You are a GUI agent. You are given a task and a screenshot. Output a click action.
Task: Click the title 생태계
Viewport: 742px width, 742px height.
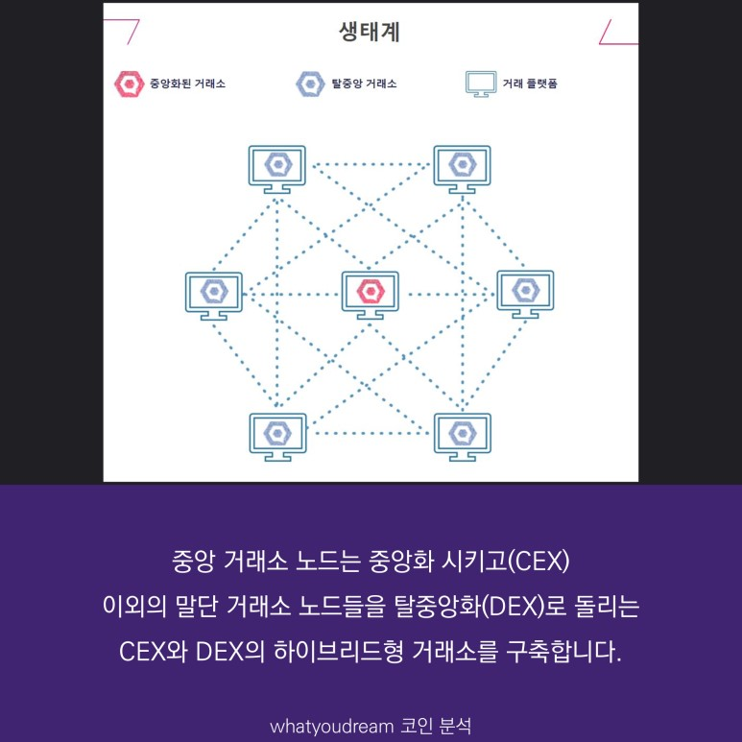tap(370, 32)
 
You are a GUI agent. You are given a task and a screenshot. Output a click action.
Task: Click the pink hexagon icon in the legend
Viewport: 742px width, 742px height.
tap(127, 84)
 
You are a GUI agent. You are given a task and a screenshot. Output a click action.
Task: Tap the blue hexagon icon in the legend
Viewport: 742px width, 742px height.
tap(310, 84)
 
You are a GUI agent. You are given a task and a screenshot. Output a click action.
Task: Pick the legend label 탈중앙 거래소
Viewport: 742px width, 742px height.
tap(364, 84)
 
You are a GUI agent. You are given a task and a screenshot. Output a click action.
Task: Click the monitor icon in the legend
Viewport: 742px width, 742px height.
tap(480, 84)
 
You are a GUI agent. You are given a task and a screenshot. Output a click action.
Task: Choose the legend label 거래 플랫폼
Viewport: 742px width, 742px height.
tap(530, 84)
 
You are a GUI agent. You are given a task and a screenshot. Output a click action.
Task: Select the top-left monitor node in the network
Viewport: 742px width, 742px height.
tap(277, 167)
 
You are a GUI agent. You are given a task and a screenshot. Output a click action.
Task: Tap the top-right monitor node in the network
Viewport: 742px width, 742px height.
tap(462, 167)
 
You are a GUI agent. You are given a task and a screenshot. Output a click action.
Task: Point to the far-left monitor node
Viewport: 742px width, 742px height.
tap(213, 293)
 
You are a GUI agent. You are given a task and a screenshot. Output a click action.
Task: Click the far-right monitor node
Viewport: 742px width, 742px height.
tap(525, 293)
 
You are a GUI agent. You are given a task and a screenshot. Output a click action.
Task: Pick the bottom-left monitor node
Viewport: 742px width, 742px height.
tap(277, 435)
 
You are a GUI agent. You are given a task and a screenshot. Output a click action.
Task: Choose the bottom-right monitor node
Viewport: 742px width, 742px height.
tap(462, 435)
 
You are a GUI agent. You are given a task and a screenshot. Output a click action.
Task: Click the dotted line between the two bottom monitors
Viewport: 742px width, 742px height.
tap(370, 434)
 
